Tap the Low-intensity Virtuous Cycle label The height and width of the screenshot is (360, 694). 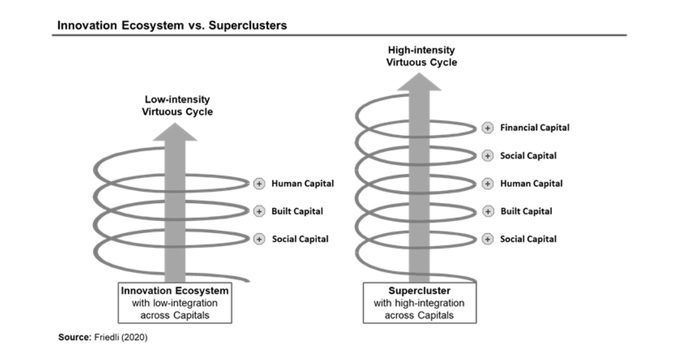tap(177, 106)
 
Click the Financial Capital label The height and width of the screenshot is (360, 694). tap(535, 127)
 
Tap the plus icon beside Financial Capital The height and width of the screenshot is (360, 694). tap(487, 128)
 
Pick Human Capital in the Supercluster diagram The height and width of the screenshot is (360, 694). tap(531, 184)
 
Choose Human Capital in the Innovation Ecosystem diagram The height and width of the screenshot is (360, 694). tap(302, 184)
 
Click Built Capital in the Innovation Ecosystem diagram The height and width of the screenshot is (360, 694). tap(297, 211)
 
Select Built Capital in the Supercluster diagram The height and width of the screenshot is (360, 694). tap(526, 211)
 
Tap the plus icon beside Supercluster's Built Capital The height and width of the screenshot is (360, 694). tap(487, 211)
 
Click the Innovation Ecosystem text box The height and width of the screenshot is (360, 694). tap(175, 303)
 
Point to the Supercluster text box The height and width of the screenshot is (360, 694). tap(419, 303)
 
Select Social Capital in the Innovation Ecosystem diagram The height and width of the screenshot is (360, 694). tap(300, 239)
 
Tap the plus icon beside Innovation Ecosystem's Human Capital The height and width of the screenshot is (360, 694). tap(259, 184)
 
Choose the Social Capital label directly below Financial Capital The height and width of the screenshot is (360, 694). tap(528, 156)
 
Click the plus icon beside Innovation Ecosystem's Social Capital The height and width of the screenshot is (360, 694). tap(259, 239)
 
